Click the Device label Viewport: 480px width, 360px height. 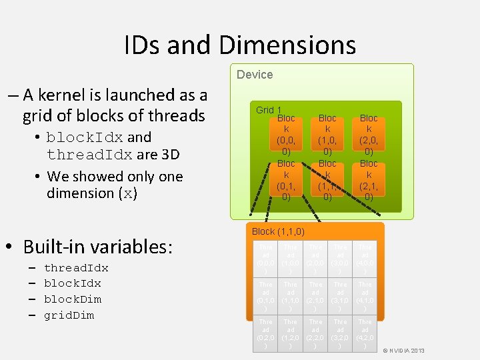255,75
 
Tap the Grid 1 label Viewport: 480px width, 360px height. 269,110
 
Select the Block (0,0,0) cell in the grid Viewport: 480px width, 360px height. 286,135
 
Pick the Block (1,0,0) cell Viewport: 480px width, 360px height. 327,135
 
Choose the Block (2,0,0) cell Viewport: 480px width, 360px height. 369,135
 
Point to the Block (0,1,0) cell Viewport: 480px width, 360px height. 286,180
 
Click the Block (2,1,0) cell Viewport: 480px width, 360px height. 369,180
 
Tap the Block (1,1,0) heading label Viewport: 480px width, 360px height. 277,231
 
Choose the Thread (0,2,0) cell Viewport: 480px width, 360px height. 265,333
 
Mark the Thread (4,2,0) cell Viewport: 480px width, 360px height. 365,333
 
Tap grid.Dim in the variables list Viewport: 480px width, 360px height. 69,315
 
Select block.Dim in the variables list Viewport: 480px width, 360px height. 72,299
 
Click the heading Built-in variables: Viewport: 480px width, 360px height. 97,247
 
